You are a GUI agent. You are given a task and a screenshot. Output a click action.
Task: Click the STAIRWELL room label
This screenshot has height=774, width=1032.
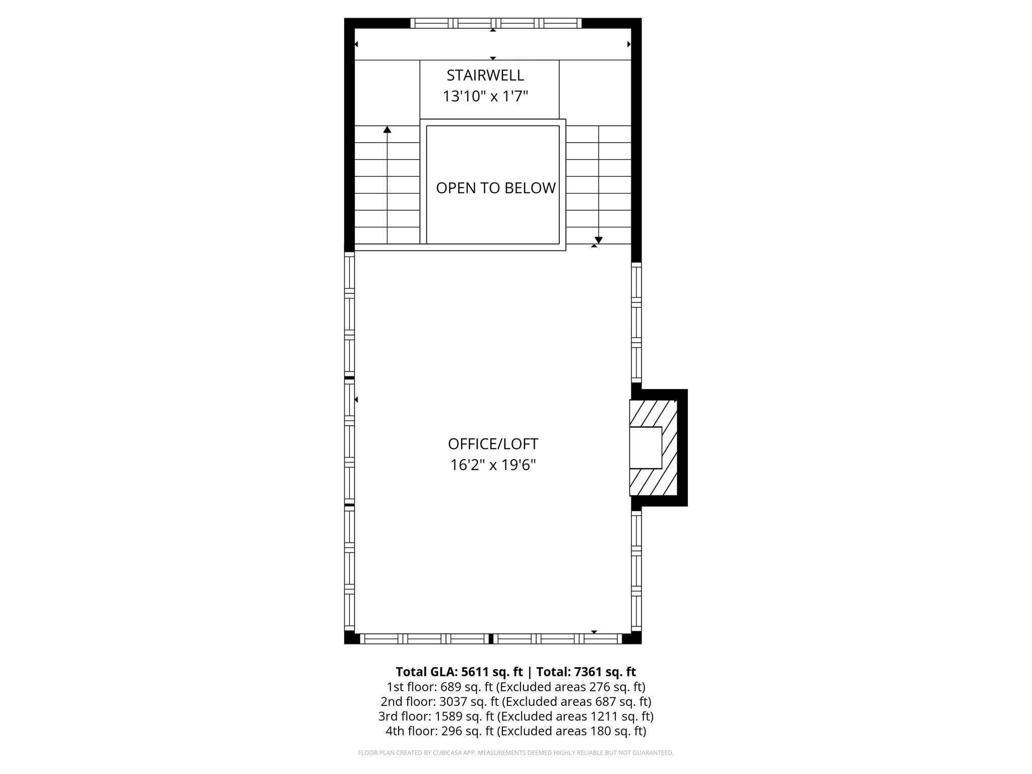[x=485, y=76]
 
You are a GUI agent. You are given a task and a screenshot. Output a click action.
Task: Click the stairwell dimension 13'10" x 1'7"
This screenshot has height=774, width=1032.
[x=485, y=96]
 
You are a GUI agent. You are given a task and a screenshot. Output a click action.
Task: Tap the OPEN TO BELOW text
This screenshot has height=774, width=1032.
[x=495, y=188]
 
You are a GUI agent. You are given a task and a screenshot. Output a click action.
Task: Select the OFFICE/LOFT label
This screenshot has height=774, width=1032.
[x=493, y=444]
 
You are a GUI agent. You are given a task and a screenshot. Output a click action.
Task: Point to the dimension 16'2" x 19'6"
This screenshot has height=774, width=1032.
[x=493, y=465]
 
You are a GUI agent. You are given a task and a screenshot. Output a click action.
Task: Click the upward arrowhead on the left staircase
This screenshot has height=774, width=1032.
[x=387, y=130]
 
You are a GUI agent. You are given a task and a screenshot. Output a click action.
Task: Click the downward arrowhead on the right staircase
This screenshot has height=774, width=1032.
[x=599, y=240]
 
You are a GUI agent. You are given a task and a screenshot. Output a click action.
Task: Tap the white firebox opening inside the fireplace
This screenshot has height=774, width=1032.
[x=646, y=447]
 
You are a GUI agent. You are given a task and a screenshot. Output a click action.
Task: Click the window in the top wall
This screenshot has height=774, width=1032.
[x=496, y=23]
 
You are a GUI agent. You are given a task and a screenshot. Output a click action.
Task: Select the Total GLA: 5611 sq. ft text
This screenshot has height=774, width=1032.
[x=459, y=672]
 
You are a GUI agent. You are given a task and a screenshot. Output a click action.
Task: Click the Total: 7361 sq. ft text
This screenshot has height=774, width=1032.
[x=586, y=672]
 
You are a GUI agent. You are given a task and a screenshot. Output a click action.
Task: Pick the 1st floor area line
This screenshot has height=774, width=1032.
[x=515, y=687]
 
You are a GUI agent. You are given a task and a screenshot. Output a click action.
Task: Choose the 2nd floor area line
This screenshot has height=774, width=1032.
[x=515, y=701]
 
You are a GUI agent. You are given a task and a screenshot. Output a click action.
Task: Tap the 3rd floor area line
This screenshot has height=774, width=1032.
[x=515, y=716]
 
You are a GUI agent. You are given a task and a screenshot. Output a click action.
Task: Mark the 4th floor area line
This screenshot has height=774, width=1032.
[x=515, y=731]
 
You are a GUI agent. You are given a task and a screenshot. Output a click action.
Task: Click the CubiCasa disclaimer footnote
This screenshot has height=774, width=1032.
[x=515, y=753]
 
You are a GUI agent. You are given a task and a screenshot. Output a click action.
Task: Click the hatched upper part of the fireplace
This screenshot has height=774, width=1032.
[x=653, y=413]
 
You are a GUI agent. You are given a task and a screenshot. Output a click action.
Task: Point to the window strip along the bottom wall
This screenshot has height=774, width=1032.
[x=491, y=639]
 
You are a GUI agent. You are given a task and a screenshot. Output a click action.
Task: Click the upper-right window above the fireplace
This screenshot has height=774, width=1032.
[x=636, y=322]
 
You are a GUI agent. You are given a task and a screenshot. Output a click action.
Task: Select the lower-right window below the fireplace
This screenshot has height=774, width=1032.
[x=636, y=569]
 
